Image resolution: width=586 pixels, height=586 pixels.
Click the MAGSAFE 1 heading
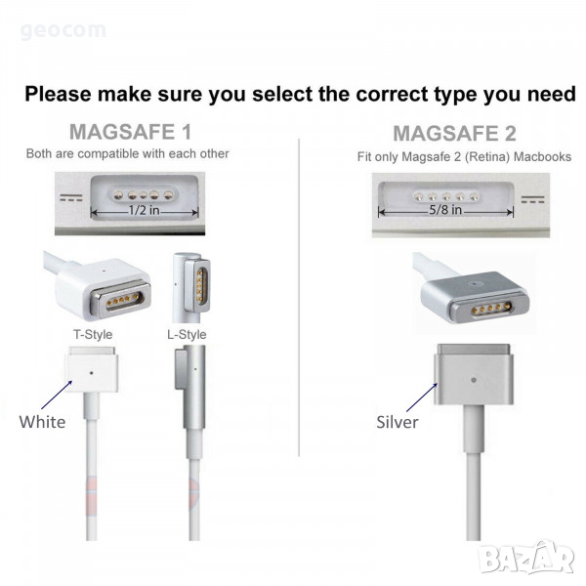(131, 132)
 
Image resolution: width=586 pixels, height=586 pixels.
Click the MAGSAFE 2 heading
(454, 134)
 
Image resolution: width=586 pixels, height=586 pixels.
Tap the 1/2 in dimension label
(144, 210)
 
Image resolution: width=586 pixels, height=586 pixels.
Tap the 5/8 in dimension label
(445, 209)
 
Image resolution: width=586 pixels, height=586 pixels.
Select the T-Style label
(93, 334)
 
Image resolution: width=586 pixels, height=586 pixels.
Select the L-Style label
(187, 334)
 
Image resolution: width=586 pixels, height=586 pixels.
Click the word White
(42, 422)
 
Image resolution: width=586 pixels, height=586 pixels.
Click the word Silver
(398, 422)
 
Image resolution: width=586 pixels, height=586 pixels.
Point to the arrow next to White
(57, 395)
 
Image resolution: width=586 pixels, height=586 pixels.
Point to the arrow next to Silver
(422, 398)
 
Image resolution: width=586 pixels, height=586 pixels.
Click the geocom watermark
(63, 30)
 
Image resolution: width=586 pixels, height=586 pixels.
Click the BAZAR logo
(526, 558)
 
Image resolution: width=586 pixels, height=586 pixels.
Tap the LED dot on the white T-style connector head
(92, 373)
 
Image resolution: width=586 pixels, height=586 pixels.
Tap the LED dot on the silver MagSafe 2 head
(474, 380)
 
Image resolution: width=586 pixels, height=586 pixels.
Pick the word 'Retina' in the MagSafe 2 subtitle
(487, 156)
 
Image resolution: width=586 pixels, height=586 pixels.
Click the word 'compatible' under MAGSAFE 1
(108, 153)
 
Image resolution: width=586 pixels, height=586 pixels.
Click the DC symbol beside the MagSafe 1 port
(71, 197)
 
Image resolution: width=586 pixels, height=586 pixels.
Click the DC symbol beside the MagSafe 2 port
(533, 199)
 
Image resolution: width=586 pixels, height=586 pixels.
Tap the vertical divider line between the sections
(299, 298)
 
